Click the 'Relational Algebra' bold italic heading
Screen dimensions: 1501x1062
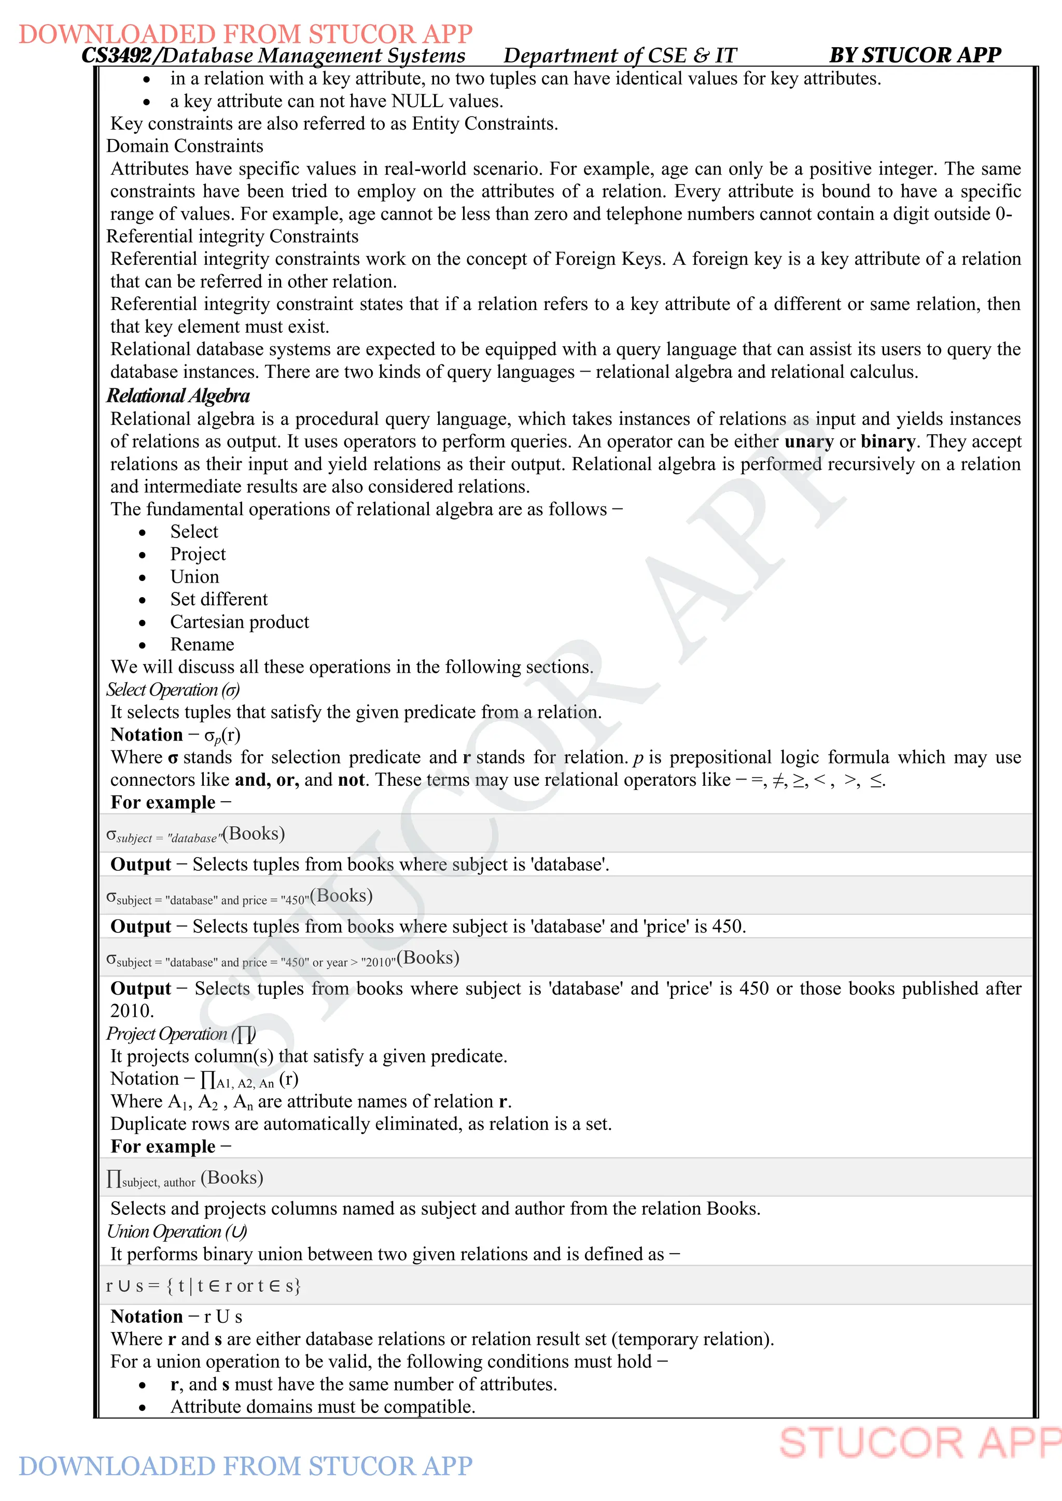178,396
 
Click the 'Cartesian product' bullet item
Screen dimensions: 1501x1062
240,622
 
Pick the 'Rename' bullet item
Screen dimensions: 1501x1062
202,645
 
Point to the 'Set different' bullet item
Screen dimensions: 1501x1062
219,600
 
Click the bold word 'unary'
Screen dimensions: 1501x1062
808,442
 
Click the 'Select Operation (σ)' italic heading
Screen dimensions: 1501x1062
173,690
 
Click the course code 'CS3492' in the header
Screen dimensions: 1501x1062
116,55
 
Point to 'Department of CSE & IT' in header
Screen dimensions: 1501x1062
619,55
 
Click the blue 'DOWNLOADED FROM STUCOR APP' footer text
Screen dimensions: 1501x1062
245,1466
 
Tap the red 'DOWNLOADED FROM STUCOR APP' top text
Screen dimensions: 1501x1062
245,34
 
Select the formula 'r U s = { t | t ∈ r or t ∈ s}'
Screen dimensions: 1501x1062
203,1286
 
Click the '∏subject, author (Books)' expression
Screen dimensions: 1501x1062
185,1178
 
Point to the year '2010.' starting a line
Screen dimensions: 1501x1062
132,1011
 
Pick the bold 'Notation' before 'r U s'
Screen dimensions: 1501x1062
146,1316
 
